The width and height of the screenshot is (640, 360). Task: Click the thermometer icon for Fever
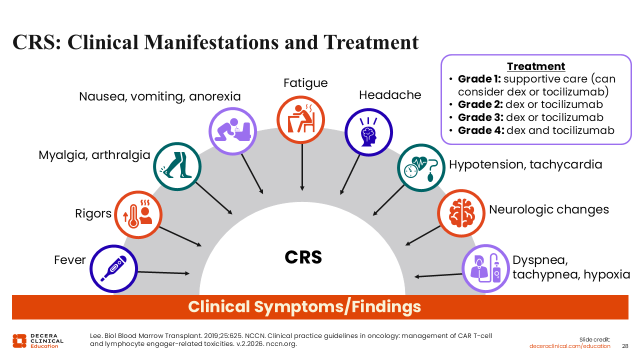113,268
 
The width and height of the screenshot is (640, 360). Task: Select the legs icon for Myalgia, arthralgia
177,166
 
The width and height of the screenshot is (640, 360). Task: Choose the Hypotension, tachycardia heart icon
420,168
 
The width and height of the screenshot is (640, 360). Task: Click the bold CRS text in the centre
303,257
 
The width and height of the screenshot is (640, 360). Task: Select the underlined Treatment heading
536,66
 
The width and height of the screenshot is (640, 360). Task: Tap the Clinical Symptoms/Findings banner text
304,306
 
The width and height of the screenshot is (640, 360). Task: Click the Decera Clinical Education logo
38,340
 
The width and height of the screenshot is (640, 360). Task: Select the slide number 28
625,346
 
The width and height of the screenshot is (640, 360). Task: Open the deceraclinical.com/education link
570,346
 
